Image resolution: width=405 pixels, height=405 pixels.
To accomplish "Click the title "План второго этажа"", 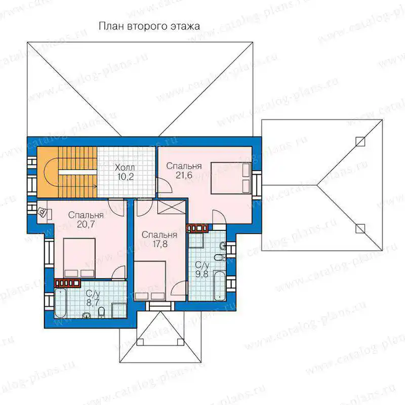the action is click(149, 26).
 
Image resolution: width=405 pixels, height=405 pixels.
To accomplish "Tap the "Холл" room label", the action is click(125, 168).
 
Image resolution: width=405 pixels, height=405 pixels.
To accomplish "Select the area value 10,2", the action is click(125, 177).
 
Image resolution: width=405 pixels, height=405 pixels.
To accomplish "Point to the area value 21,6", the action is click(184, 175).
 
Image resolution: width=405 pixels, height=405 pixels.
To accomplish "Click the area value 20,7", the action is click(86, 224).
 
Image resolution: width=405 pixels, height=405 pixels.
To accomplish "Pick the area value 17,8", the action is click(159, 244).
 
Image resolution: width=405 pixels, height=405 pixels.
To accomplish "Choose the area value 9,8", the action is click(201, 274).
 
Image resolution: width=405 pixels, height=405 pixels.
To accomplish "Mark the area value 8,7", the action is click(93, 302).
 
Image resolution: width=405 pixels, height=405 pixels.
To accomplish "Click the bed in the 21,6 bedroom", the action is click(231, 178).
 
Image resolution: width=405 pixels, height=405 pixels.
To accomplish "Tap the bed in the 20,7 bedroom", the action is click(79, 258).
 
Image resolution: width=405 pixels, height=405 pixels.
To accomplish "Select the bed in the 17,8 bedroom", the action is click(150, 281).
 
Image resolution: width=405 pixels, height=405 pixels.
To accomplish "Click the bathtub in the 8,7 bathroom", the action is click(61, 303).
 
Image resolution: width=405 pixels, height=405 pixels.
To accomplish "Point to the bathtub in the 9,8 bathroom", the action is click(220, 286).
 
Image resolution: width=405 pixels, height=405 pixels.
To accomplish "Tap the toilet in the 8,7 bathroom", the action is click(102, 312).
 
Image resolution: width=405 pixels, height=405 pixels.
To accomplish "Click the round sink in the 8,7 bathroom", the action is click(87, 315).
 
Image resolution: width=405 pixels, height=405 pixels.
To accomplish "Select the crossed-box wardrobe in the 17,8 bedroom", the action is click(172, 208).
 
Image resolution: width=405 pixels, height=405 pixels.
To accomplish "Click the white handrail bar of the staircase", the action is click(77, 172).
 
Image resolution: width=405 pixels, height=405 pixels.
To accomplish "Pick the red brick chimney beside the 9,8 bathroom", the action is click(197, 228).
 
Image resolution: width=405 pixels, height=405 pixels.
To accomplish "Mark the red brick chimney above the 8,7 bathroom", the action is click(67, 283).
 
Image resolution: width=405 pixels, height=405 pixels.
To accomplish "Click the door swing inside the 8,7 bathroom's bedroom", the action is click(119, 272).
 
